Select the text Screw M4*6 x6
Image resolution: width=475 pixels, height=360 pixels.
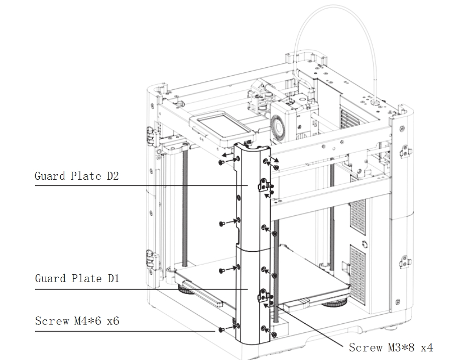[77, 321]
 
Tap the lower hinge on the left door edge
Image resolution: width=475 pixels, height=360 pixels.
[149, 259]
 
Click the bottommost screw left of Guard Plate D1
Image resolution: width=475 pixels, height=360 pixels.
[221, 330]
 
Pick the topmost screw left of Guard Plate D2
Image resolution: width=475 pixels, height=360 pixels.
[221, 162]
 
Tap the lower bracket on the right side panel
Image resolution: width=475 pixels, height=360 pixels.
[405, 261]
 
